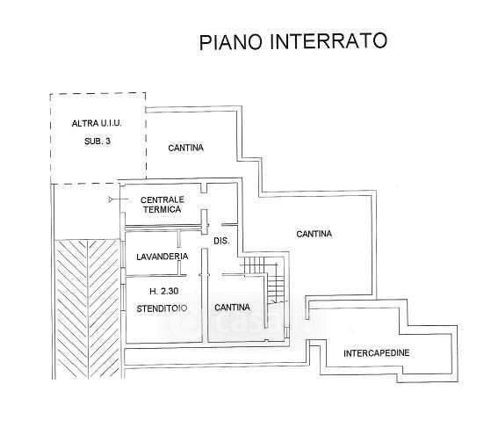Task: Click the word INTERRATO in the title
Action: pyautogui.click(x=329, y=40)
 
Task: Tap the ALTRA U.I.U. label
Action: pyautogui.click(x=97, y=124)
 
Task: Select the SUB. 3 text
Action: pyautogui.click(x=98, y=141)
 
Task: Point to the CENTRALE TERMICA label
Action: pyautogui.click(x=162, y=205)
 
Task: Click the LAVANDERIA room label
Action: pyautogui.click(x=163, y=257)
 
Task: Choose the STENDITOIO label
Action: pyautogui.click(x=162, y=308)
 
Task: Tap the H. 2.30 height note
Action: pyautogui.click(x=164, y=291)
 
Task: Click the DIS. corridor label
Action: pyautogui.click(x=221, y=241)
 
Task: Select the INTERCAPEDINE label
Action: pyautogui.click(x=377, y=353)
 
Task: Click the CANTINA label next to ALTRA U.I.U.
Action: pyautogui.click(x=186, y=148)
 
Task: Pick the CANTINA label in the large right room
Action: pyautogui.click(x=314, y=234)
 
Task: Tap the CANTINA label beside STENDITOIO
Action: pyautogui.click(x=232, y=308)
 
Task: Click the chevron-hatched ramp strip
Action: pyautogui.click(x=88, y=309)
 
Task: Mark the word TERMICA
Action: pyautogui.click(x=162, y=209)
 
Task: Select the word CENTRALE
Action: pyautogui.click(x=163, y=199)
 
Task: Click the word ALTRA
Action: pyautogui.click(x=81, y=124)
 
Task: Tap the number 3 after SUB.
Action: pyautogui.click(x=108, y=141)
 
